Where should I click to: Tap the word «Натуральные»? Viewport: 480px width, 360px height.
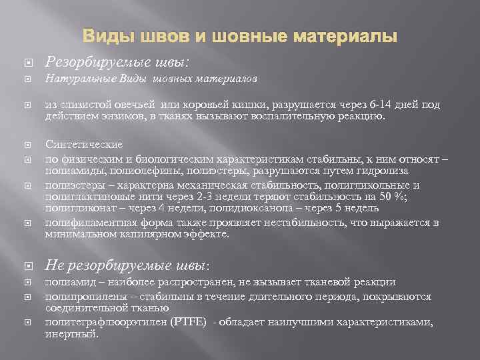tap(73, 79)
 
